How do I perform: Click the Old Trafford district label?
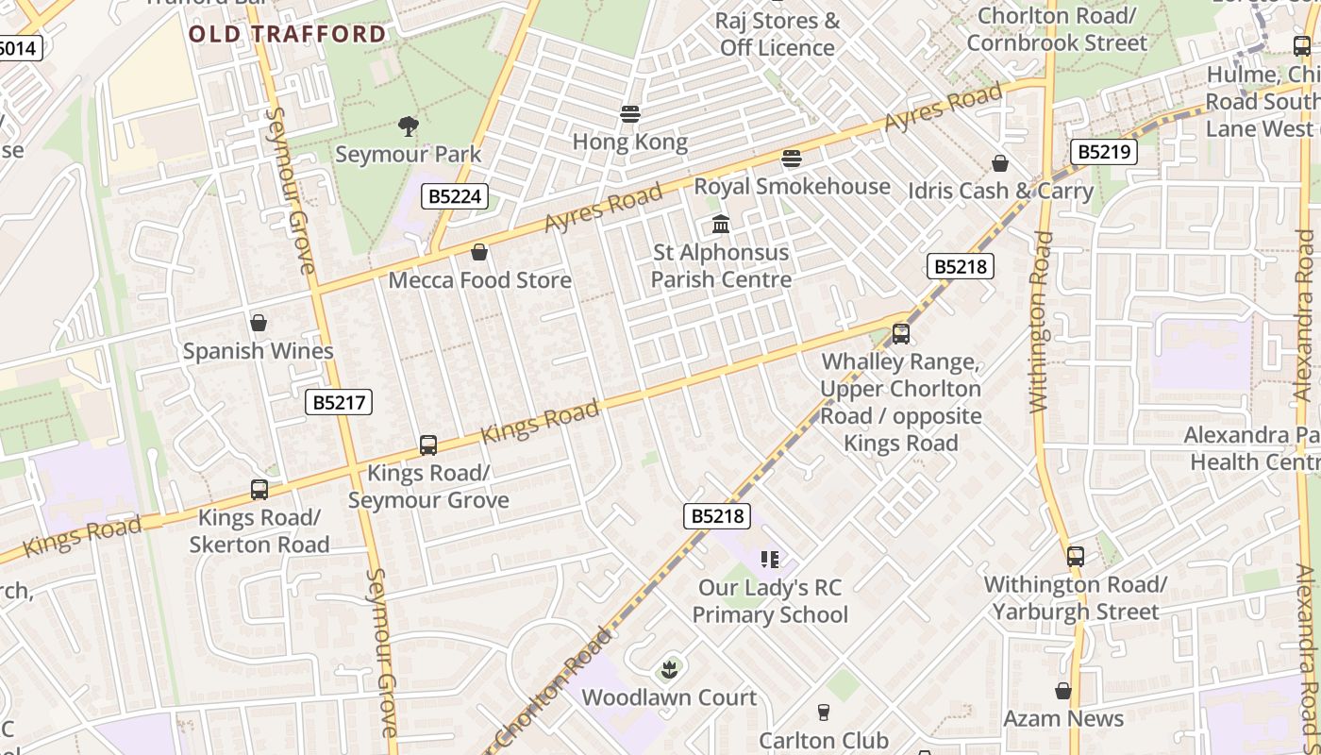point(287,35)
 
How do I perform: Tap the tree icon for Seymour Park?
point(409,126)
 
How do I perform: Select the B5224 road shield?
point(455,196)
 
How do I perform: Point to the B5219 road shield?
point(1103,152)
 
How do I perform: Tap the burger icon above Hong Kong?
point(630,114)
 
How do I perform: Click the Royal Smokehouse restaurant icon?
point(792,159)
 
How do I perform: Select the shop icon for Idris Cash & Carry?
point(1000,164)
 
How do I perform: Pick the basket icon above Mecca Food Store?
point(479,252)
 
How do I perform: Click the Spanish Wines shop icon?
point(259,323)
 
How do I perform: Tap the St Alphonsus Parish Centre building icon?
point(722,225)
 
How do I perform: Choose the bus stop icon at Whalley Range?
point(900,333)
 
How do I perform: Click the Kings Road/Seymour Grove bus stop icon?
point(428,445)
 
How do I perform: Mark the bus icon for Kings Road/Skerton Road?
point(259,490)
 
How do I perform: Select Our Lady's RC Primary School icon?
point(770,560)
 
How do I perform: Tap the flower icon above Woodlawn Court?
point(669,670)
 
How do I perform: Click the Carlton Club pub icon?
point(824,712)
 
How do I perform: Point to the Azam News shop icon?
point(1063,691)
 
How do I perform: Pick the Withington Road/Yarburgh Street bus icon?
point(1076,557)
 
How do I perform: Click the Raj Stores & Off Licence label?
point(778,34)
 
